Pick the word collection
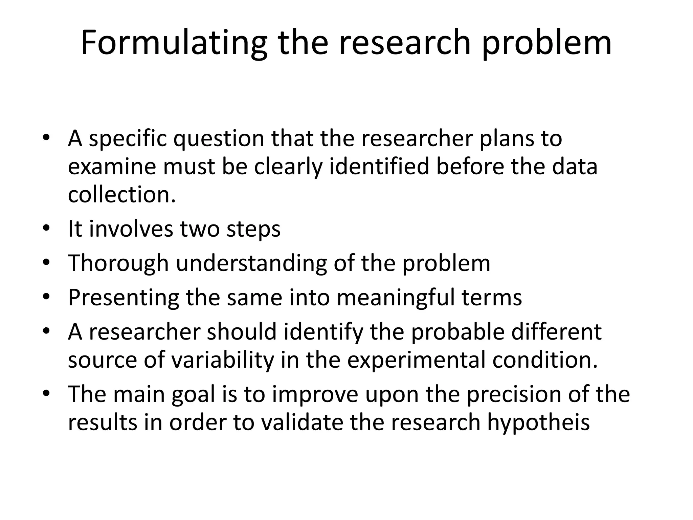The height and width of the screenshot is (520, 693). (122, 195)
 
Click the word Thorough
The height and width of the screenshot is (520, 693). (118, 263)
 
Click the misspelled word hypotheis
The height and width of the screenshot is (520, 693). (538, 423)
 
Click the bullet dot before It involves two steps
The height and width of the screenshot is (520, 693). (46, 227)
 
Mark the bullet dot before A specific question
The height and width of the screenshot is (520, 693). (46, 137)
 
